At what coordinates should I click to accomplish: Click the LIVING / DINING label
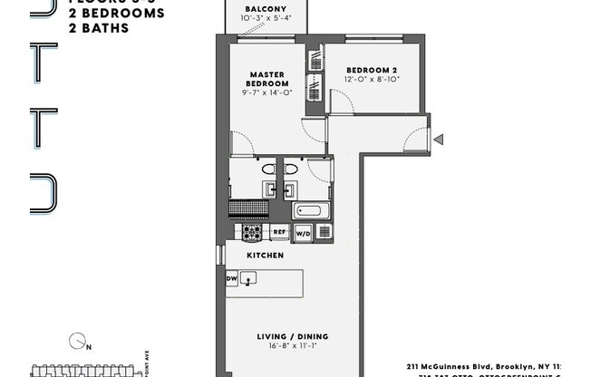[286, 336]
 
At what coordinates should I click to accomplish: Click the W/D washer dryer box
[302, 232]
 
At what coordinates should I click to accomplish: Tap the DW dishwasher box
[231, 279]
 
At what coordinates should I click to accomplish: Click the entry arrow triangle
[438, 140]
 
